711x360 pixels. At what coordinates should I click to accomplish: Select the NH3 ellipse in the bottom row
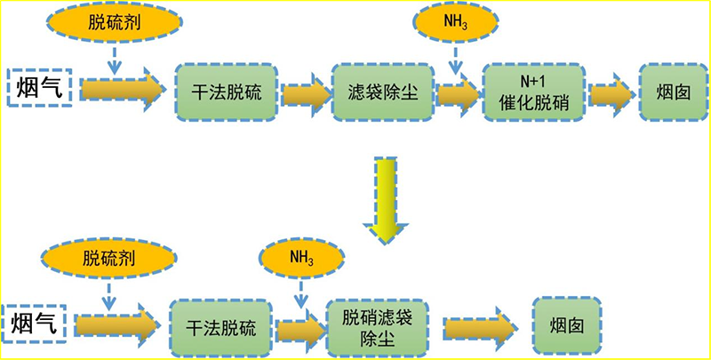tap(302, 258)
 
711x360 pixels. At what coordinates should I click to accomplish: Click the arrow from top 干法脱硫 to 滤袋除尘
tap(305, 92)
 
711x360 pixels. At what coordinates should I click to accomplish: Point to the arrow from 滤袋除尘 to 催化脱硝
tap(458, 93)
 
